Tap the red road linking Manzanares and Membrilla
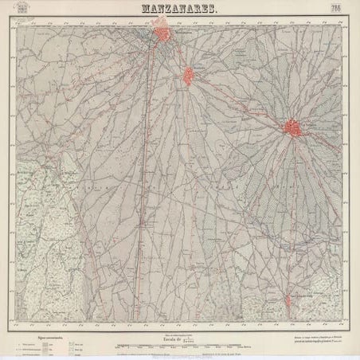coord(177,57)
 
